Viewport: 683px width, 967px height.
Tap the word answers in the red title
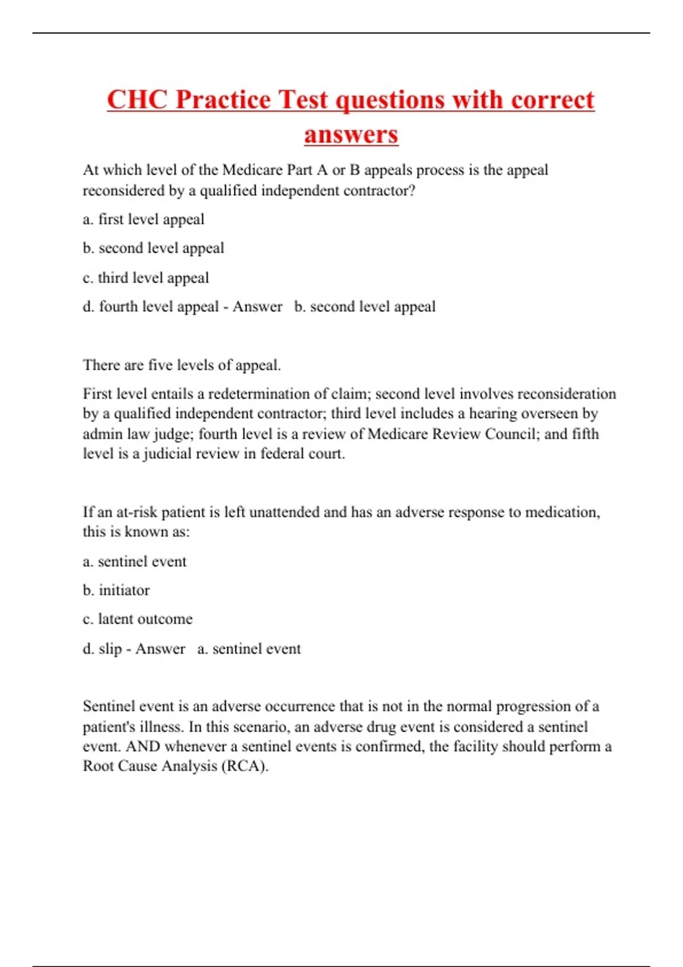(x=351, y=134)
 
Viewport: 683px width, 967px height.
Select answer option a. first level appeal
(x=143, y=219)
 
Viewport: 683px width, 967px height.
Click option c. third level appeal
(x=146, y=278)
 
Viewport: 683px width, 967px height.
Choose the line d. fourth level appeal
(x=151, y=307)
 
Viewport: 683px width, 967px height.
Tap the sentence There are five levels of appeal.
(x=182, y=365)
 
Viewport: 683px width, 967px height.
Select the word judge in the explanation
(x=173, y=434)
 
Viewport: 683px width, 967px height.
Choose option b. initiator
(x=116, y=590)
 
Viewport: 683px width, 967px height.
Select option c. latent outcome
(x=138, y=619)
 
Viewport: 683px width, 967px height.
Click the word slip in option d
(x=110, y=648)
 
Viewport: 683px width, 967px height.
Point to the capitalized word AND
(x=143, y=746)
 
